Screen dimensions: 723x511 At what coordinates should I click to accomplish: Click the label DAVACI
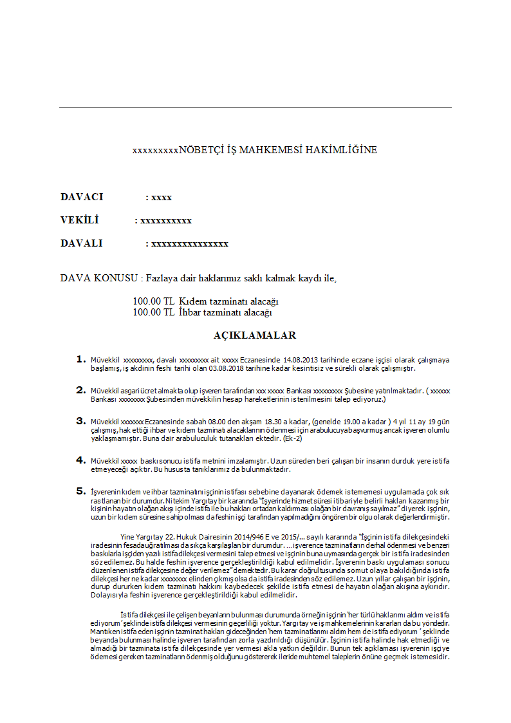[x=82, y=197]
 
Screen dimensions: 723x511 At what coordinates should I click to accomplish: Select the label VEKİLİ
[x=79, y=220]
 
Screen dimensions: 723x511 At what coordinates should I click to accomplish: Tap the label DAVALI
[x=81, y=243]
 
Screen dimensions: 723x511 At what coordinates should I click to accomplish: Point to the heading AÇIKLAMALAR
[x=255, y=335]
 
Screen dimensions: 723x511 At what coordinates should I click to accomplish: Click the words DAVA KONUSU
[x=100, y=278]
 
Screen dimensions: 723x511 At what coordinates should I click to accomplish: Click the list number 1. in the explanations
[x=80, y=359]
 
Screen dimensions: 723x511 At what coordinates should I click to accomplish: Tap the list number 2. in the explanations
[x=80, y=390]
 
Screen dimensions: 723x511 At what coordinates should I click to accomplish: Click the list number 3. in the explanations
[x=80, y=420]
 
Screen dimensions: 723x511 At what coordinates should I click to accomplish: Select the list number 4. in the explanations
[x=80, y=460]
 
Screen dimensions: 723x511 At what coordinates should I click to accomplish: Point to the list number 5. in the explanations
[x=80, y=491]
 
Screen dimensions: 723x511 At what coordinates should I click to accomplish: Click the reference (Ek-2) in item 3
[x=292, y=438]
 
